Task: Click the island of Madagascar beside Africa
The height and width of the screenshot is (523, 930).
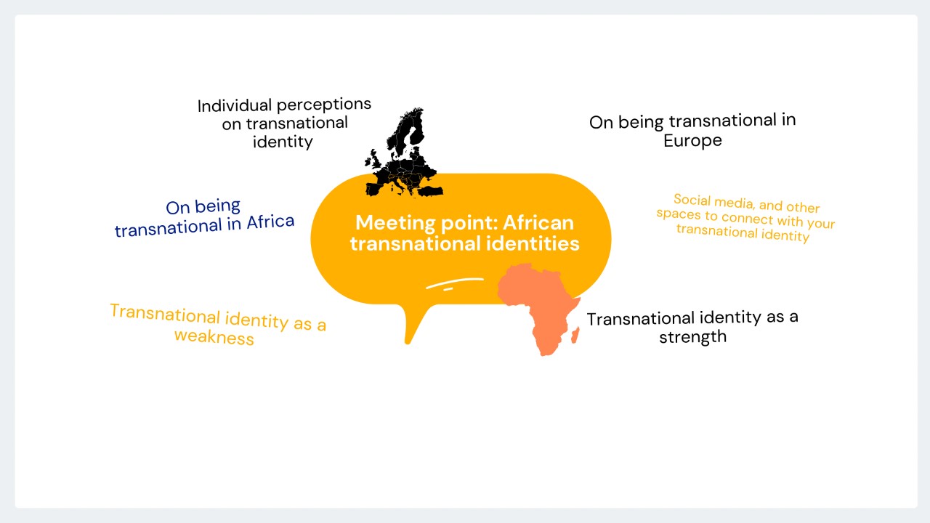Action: point(575,335)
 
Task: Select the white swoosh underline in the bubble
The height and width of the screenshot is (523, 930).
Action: point(455,283)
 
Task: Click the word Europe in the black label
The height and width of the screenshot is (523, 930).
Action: point(692,141)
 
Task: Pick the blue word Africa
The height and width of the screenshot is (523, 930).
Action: point(270,222)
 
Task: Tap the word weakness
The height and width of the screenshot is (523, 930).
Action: point(214,337)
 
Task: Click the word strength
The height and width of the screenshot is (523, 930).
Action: point(693,336)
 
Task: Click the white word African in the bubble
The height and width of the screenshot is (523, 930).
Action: point(538,223)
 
